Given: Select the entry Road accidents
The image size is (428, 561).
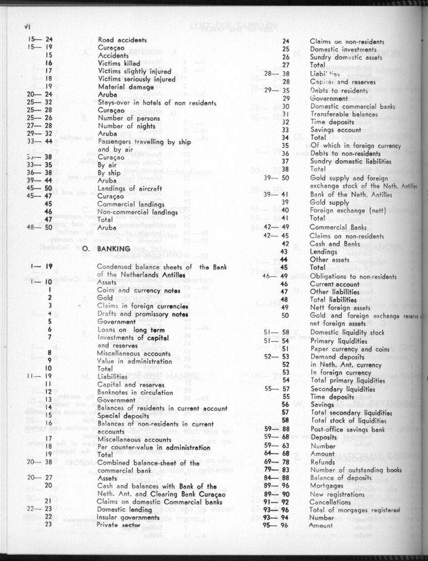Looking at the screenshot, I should tap(122, 40).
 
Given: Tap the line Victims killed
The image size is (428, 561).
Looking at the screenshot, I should tap(119, 63).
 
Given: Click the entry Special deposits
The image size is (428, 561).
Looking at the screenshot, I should tap(120, 416).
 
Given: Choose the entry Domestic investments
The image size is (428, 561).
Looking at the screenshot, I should tap(343, 49).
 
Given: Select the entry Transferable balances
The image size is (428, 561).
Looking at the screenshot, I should tap(344, 114).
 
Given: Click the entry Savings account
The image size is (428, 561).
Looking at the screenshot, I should tap(336, 130).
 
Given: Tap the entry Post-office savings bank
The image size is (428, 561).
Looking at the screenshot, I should tap(347, 429).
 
